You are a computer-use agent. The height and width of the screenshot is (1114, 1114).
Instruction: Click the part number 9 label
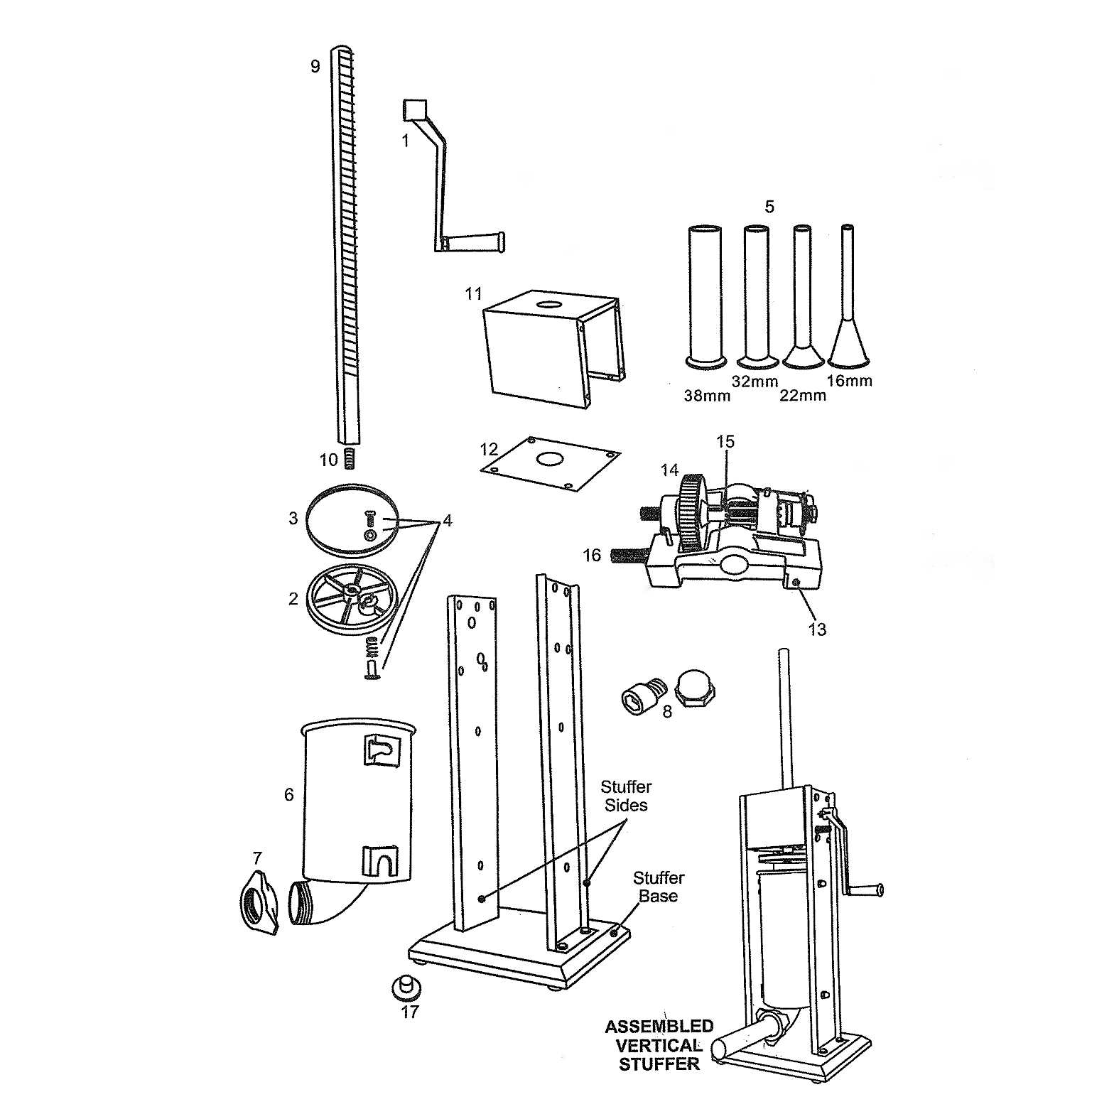315,67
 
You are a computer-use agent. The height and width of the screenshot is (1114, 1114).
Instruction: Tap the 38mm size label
707,396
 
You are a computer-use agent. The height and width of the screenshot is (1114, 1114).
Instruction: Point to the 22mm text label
803,396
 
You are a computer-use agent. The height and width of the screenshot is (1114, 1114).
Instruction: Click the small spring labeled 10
349,459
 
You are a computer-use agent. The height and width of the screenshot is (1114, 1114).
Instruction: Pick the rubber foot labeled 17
406,985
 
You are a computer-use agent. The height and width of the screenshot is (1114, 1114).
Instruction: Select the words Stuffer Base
658,887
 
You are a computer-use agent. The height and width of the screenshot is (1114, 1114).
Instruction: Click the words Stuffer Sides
626,796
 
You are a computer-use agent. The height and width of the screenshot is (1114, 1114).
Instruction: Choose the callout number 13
817,629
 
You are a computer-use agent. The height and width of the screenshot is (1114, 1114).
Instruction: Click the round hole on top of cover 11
548,308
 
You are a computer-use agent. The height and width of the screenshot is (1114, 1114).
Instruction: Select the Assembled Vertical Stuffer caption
659,1045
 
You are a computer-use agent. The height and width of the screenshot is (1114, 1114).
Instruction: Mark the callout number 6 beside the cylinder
289,794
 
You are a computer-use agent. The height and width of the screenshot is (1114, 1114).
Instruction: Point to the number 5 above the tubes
769,207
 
